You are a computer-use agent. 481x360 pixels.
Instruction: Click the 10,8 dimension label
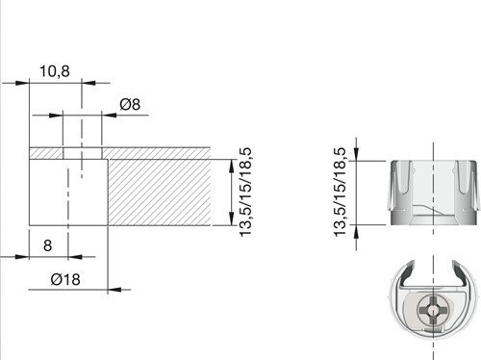tap(55, 71)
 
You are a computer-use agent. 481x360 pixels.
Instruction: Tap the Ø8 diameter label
tap(130, 105)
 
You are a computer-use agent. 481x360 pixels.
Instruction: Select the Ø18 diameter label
tap(65, 279)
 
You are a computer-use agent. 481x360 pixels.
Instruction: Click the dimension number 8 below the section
tap(47, 245)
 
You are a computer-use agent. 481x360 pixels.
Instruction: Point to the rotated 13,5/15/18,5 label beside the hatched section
tap(246, 193)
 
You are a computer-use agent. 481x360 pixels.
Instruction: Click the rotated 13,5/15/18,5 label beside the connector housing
tap(341, 193)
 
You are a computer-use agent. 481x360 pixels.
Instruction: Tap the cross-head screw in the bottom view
tap(433, 311)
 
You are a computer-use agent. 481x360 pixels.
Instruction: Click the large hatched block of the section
tap(160, 193)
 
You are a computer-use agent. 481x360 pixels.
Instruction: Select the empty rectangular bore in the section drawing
tap(68, 193)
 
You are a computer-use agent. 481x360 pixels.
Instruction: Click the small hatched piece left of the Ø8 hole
tap(46, 153)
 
